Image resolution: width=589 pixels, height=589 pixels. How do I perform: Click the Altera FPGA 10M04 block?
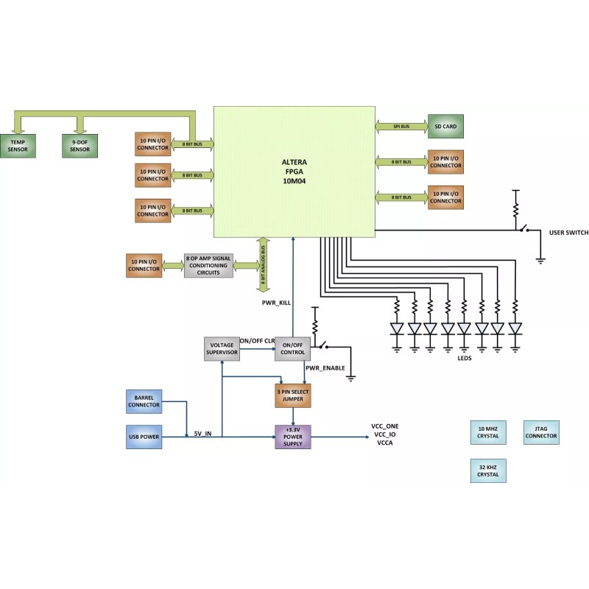click(294, 171)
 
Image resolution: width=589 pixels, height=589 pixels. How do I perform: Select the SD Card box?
click(445, 127)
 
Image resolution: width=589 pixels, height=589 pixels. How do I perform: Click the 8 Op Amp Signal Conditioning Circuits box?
click(208, 265)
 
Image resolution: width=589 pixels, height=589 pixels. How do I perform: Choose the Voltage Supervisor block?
click(222, 348)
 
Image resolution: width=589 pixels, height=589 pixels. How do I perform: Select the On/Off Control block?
click(293, 348)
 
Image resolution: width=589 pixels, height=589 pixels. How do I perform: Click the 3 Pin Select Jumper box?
click(293, 395)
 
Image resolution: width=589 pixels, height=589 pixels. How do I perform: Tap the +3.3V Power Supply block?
click(293, 437)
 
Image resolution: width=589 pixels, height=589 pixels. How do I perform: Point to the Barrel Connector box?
click(144, 401)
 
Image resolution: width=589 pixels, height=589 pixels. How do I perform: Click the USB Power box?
click(144, 437)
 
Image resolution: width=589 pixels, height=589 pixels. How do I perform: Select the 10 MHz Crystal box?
click(488, 432)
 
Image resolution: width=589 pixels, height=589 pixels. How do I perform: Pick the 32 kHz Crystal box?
click(488, 470)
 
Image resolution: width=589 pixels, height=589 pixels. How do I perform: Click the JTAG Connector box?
click(541, 432)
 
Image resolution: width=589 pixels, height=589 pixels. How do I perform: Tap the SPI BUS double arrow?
click(402, 127)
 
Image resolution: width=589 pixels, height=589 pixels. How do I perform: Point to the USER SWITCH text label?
click(568, 233)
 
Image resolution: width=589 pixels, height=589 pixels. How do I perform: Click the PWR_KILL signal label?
click(278, 303)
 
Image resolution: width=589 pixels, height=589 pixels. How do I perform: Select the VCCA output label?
click(385, 444)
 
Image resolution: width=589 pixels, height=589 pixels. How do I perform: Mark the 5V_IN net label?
click(203, 434)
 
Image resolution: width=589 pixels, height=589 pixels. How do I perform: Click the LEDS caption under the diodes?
click(464, 358)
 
